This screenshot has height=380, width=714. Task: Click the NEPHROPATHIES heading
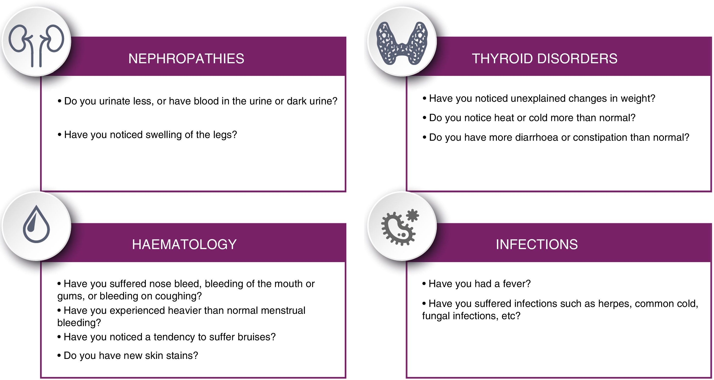point(186,59)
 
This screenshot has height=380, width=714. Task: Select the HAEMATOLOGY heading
point(184,244)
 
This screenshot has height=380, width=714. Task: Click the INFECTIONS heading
point(537,244)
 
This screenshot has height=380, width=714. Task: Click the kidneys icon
point(36,46)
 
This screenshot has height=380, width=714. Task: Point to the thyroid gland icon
point(402,43)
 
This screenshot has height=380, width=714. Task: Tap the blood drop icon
point(36,224)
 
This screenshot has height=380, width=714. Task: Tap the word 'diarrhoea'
point(537,137)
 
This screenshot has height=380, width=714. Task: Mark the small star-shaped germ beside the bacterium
point(413,215)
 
